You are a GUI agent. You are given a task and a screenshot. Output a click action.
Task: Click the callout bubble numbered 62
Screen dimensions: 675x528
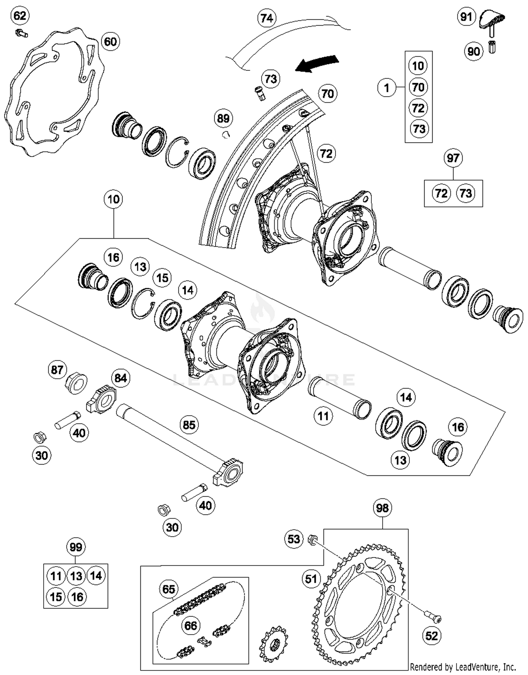click(x=20, y=16)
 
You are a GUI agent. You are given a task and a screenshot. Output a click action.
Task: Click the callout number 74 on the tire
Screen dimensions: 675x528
click(x=267, y=18)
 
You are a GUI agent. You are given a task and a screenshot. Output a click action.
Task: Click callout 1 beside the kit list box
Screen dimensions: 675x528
click(x=387, y=87)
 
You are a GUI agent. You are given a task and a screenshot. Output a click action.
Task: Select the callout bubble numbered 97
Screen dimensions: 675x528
click(x=453, y=158)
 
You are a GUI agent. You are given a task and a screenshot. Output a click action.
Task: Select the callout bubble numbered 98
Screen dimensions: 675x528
click(x=382, y=508)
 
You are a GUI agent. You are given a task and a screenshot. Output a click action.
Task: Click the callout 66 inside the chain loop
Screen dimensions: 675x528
click(x=190, y=625)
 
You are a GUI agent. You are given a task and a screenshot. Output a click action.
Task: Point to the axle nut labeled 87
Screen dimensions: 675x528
click(x=77, y=383)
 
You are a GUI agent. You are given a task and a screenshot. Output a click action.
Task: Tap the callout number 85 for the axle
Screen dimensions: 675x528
click(x=189, y=425)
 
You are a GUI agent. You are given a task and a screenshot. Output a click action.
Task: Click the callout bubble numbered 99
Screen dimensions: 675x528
click(x=76, y=547)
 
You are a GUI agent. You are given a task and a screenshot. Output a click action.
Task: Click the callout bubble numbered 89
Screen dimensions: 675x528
click(x=224, y=118)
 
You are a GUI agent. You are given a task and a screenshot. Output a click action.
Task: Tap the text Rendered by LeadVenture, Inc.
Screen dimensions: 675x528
click(x=463, y=667)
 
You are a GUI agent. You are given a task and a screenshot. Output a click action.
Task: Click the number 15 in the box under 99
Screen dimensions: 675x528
click(x=56, y=597)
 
